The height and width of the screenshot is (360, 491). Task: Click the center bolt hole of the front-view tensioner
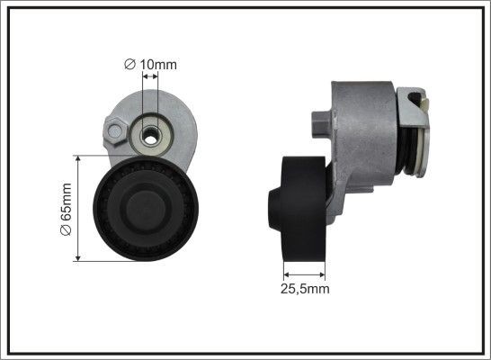148,138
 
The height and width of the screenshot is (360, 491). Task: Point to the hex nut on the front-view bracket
114,135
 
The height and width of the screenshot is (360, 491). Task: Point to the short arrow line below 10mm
149,79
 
